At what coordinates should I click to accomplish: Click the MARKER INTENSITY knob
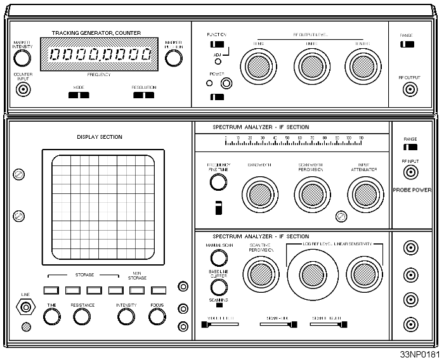click(x=23, y=58)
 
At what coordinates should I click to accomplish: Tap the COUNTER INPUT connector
click(x=23, y=89)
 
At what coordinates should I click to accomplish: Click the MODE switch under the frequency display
click(x=79, y=96)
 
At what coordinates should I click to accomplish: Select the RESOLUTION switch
click(x=143, y=96)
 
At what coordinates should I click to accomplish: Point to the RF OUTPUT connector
click(x=409, y=89)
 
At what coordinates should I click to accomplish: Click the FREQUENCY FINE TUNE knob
click(x=218, y=183)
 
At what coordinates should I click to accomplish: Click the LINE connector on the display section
click(x=26, y=308)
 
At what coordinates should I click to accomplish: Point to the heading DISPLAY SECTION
click(x=100, y=137)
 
